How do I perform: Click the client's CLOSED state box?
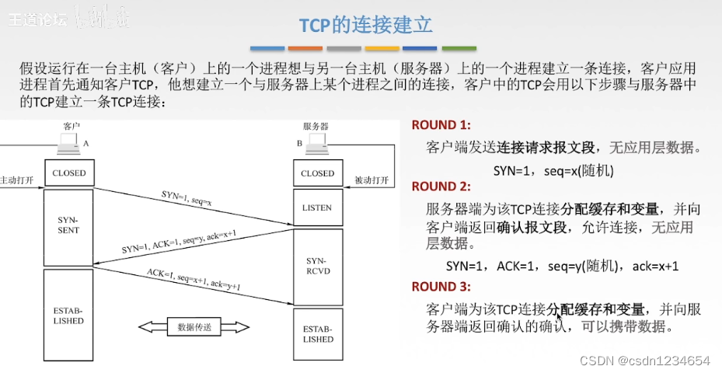click(x=69, y=173)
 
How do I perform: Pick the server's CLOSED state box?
click(x=317, y=173)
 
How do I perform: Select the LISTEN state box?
click(x=317, y=207)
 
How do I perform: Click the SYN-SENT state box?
click(x=69, y=225)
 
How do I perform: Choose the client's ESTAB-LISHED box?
click(x=69, y=315)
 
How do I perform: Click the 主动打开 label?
click(x=17, y=180)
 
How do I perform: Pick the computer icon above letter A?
click(x=68, y=142)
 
